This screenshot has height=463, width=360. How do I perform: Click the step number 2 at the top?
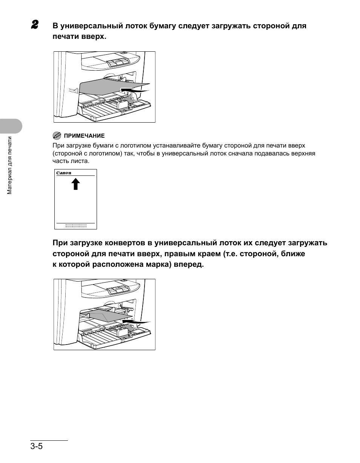click(35, 25)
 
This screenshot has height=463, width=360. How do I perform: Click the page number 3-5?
click(37, 446)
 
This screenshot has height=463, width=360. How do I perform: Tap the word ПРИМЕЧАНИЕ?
click(84, 136)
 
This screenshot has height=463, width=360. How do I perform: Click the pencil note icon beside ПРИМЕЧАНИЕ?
click(57, 135)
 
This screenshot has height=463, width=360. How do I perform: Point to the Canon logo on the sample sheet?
click(64, 173)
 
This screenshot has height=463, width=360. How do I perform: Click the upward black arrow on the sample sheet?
click(76, 184)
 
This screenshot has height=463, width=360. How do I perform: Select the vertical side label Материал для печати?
click(10, 165)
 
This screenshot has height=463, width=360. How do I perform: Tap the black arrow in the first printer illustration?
click(134, 90)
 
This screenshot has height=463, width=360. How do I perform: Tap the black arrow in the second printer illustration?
click(135, 321)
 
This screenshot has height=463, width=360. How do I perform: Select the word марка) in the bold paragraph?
click(157, 265)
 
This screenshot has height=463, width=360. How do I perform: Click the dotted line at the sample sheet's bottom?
click(76, 226)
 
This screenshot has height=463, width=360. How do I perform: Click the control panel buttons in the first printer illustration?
click(117, 62)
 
